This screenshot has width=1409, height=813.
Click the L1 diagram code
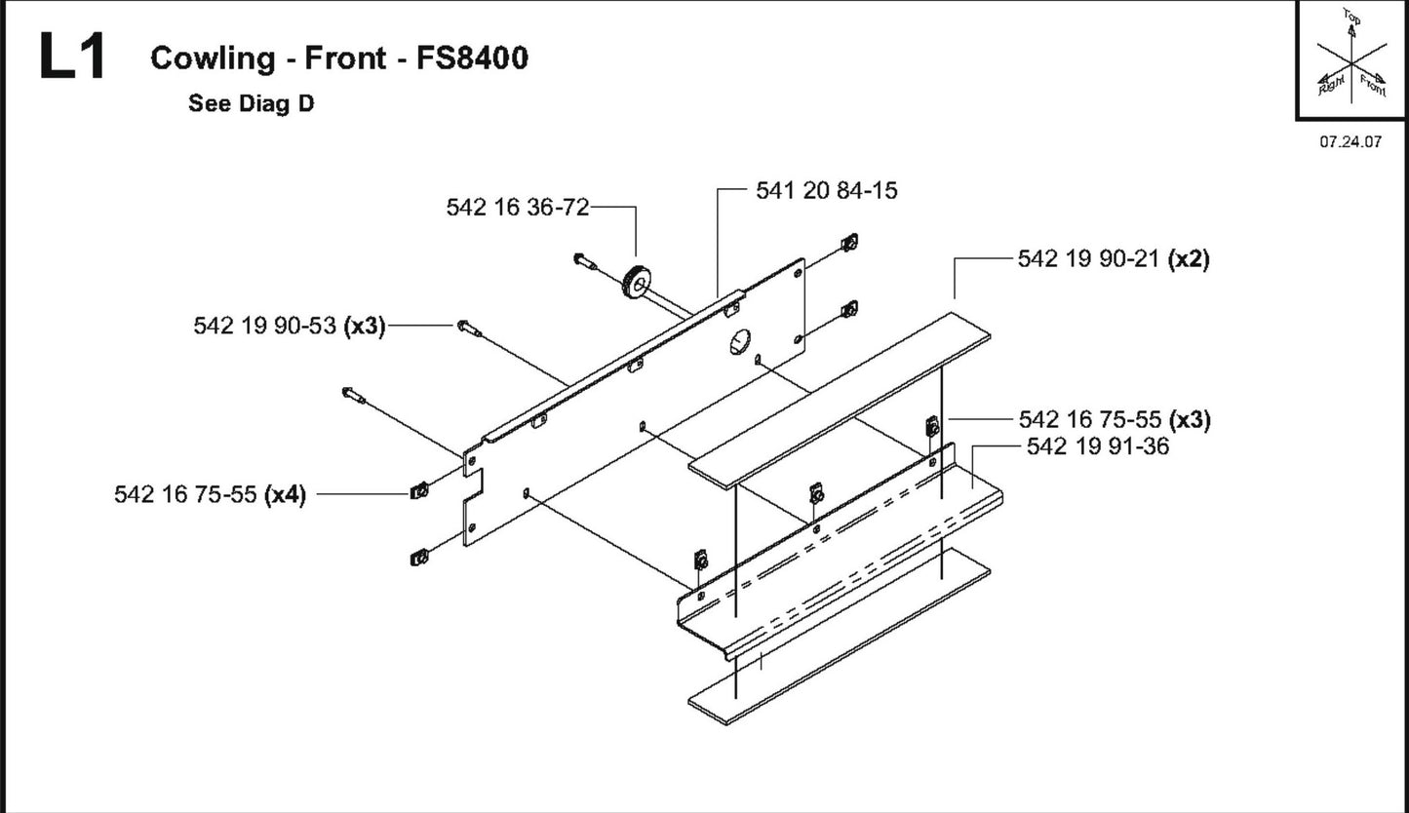tap(71, 58)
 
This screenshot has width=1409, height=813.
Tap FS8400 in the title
tap(472, 58)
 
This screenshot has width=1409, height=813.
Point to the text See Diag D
tap(251, 103)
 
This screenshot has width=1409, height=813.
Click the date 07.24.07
tap(1350, 142)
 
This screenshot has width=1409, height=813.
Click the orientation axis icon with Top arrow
tap(1350, 59)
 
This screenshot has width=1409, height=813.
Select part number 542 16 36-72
tap(518, 207)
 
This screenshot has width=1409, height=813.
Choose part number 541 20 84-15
tap(826, 191)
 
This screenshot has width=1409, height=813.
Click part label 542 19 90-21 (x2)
tap(1114, 259)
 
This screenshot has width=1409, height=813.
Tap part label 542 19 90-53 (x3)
tap(290, 327)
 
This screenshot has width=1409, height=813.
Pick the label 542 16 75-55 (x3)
tap(1115, 419)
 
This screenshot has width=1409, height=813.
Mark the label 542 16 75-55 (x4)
tap(210, 494)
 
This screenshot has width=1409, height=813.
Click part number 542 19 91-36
tap(1098, 446)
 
